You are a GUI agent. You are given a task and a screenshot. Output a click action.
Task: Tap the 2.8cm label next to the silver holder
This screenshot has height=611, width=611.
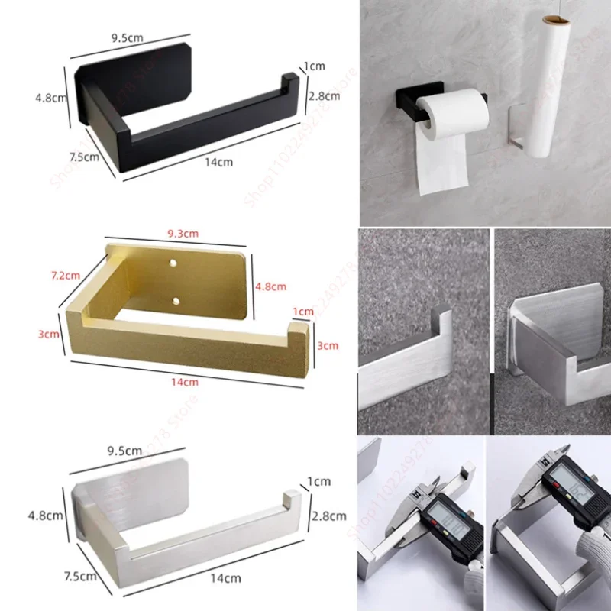[330, 516]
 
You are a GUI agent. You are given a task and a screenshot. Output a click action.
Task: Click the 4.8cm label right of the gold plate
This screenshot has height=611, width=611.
[270, 286]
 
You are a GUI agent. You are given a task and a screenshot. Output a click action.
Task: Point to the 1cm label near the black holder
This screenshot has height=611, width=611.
[315, 66]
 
